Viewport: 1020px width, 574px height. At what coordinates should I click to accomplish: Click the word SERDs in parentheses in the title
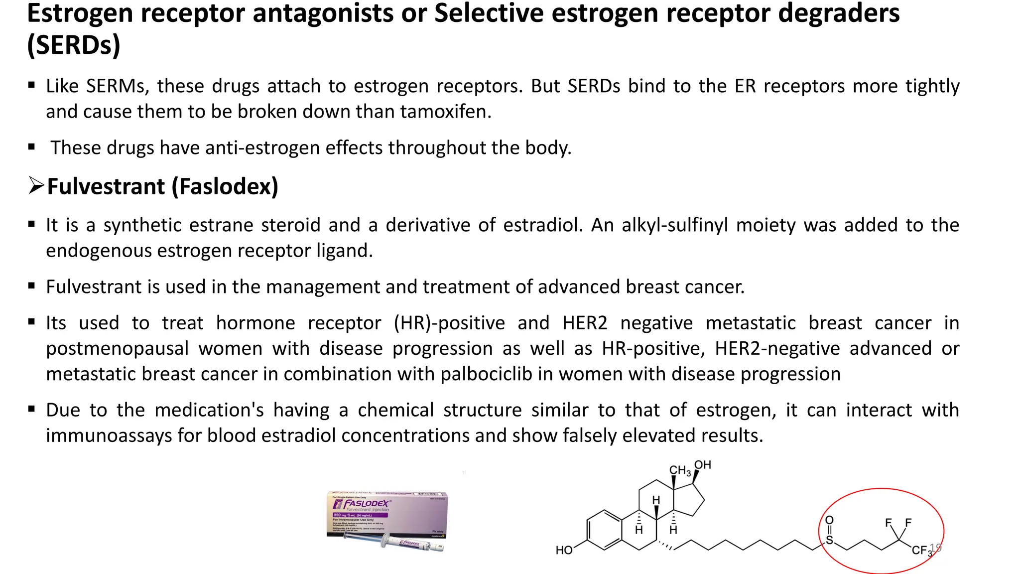point(74,45)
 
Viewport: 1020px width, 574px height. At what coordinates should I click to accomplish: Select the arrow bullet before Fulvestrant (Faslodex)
point(36,186)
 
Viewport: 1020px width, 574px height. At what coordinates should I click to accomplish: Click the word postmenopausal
point(117,348)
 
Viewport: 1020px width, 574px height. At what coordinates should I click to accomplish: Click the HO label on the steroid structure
point(564,550)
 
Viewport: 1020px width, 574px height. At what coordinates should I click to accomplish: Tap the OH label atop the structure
point(702,465)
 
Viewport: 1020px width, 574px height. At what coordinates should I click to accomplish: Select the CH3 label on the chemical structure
point(679,470)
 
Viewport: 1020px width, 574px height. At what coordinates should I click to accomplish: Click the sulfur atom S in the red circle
point(829,540)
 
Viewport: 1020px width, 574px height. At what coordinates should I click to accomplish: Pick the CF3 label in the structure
point(921,550)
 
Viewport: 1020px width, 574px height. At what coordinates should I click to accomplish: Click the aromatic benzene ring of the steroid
point(604,530)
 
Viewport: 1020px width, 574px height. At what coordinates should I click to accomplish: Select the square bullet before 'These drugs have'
point(32,147)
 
